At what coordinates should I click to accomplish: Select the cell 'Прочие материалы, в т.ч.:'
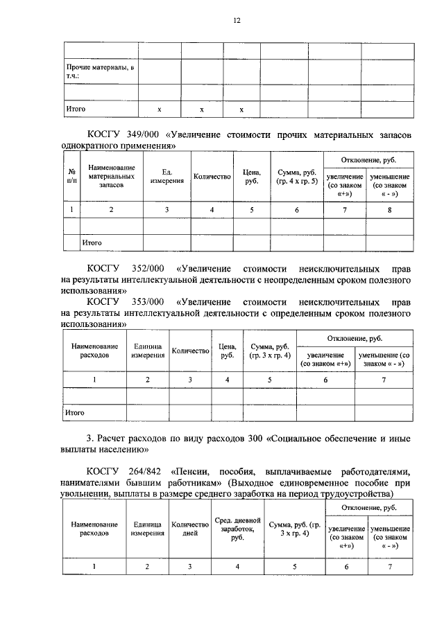(100, 71)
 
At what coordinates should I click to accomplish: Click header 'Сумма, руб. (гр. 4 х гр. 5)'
(296, 177)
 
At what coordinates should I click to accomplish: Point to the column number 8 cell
(390, 209)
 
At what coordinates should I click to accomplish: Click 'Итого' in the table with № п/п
(92, 243)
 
